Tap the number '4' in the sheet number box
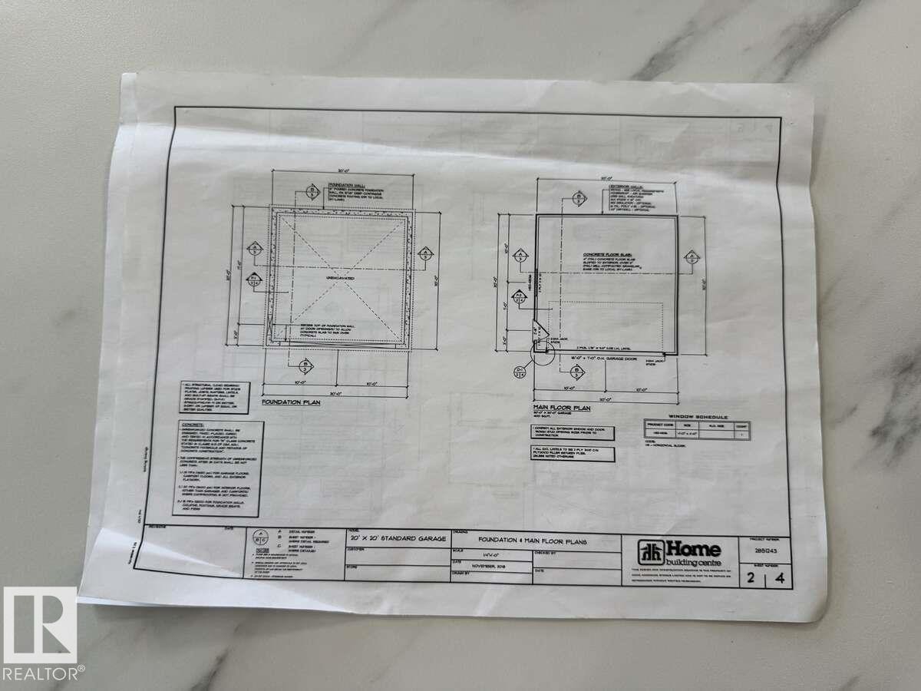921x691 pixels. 780,580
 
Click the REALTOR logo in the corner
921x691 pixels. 39,634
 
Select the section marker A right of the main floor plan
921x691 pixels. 692,257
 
